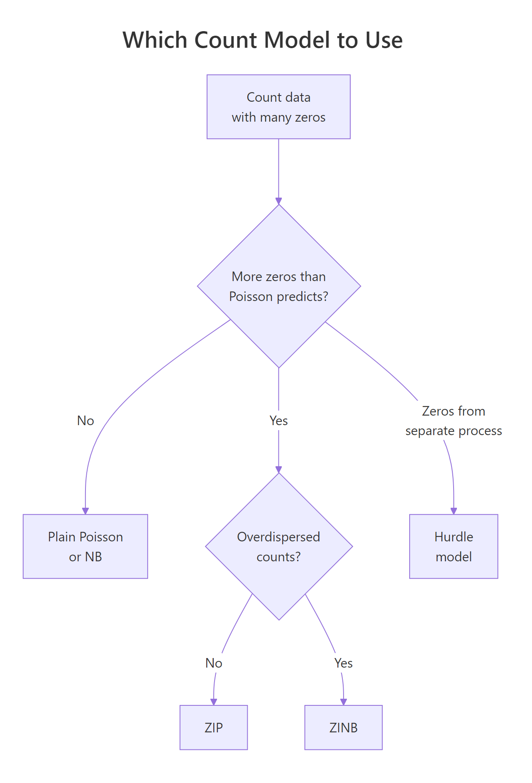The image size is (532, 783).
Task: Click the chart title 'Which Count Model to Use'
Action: pyautogui.click(x=262, y=40)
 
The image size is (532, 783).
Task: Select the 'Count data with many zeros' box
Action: pyautogui.click(x=278, y=107)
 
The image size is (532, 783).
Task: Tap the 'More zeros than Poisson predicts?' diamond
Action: pyautogui.click(x=278, y=286)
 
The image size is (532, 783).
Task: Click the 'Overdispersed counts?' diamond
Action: pyautogui.click(x=278, y=546)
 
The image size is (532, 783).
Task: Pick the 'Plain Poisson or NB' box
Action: pyautogui.click(x=85, y=546)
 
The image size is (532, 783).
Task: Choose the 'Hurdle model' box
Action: pyautogui.click(x=454, y=546)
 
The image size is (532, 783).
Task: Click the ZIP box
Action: pyautogui.click(x=214, y=727)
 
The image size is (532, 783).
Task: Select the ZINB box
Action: pyautogui.click(x=343, y=727)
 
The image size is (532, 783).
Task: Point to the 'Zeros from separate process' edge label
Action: pyautogui.click(x=454, y=421)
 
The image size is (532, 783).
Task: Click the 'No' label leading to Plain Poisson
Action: pyautogui.click(x=85, y=421)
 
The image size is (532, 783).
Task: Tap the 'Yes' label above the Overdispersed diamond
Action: pyautogui.click(x=278, y=421)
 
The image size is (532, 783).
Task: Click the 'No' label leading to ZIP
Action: pyautogui.click(x=214, y=663)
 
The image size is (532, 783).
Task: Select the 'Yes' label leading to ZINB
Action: pyautogui.click(x=343, y=663)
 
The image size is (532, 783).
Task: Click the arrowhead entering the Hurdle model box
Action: pyautogui.click(x=454, y=511)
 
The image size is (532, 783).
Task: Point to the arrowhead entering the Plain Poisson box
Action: pyautogui.click(x=85, y=511)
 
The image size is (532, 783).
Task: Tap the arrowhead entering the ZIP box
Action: pyautogui.click(x=214, y=702)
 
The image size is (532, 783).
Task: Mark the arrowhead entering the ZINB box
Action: pyautogui.click(x=343, y=702)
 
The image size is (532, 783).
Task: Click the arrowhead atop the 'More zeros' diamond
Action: pyautogui.click(x=278, y=201)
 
